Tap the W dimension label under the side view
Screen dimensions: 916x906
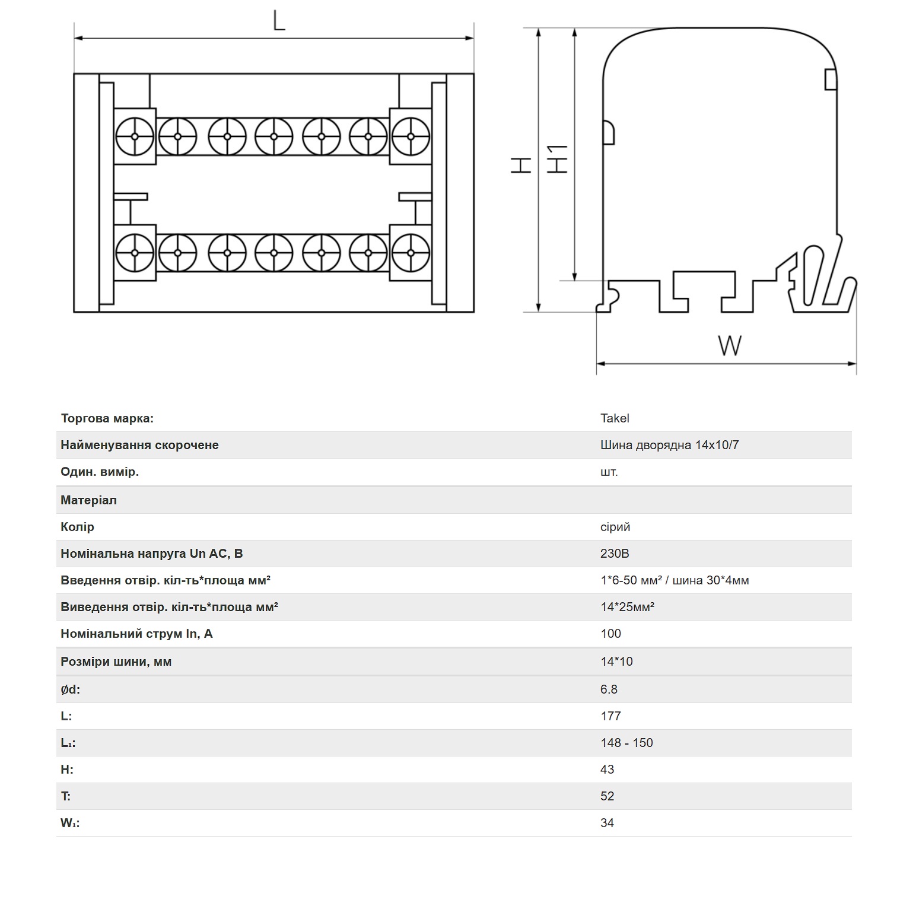pyautogui.click(x=730, y=345)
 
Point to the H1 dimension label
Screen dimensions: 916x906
pyautogui.click(x=557, y=160)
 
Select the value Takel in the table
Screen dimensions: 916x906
pyautogui.click(x=615, y=418)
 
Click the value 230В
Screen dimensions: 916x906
pyautogui.click(x=615, y=554)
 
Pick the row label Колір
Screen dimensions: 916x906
pyautogui.click(x=77, y=527)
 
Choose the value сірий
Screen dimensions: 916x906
pyautogui.click(x=615, y=527)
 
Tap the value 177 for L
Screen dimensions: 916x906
pyautogui.click(x=610, y=716)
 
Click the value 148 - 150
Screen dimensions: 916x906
pyautogui.click(x=626, y=743)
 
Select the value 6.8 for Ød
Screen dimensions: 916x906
pyautogui.click(x=609, y=689)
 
